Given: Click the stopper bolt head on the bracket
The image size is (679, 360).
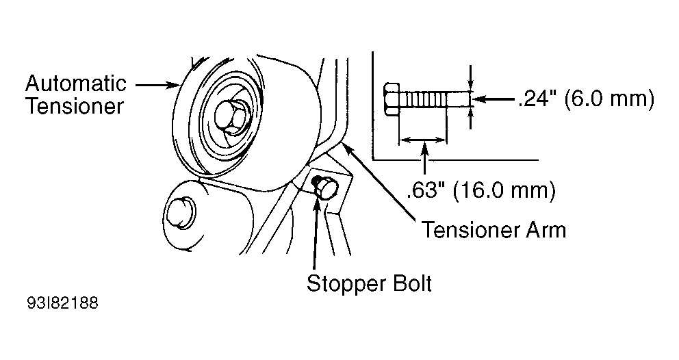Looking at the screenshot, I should click(324, 186).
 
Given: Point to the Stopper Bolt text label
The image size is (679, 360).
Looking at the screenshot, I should click(369, 283).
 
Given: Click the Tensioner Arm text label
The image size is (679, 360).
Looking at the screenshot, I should click(494, 229).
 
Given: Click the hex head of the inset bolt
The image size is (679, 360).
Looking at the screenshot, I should click(391, 100).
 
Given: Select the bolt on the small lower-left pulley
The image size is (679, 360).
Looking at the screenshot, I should click(183, 211).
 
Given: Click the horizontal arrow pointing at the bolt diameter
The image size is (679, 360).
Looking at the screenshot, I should click(493, 100).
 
